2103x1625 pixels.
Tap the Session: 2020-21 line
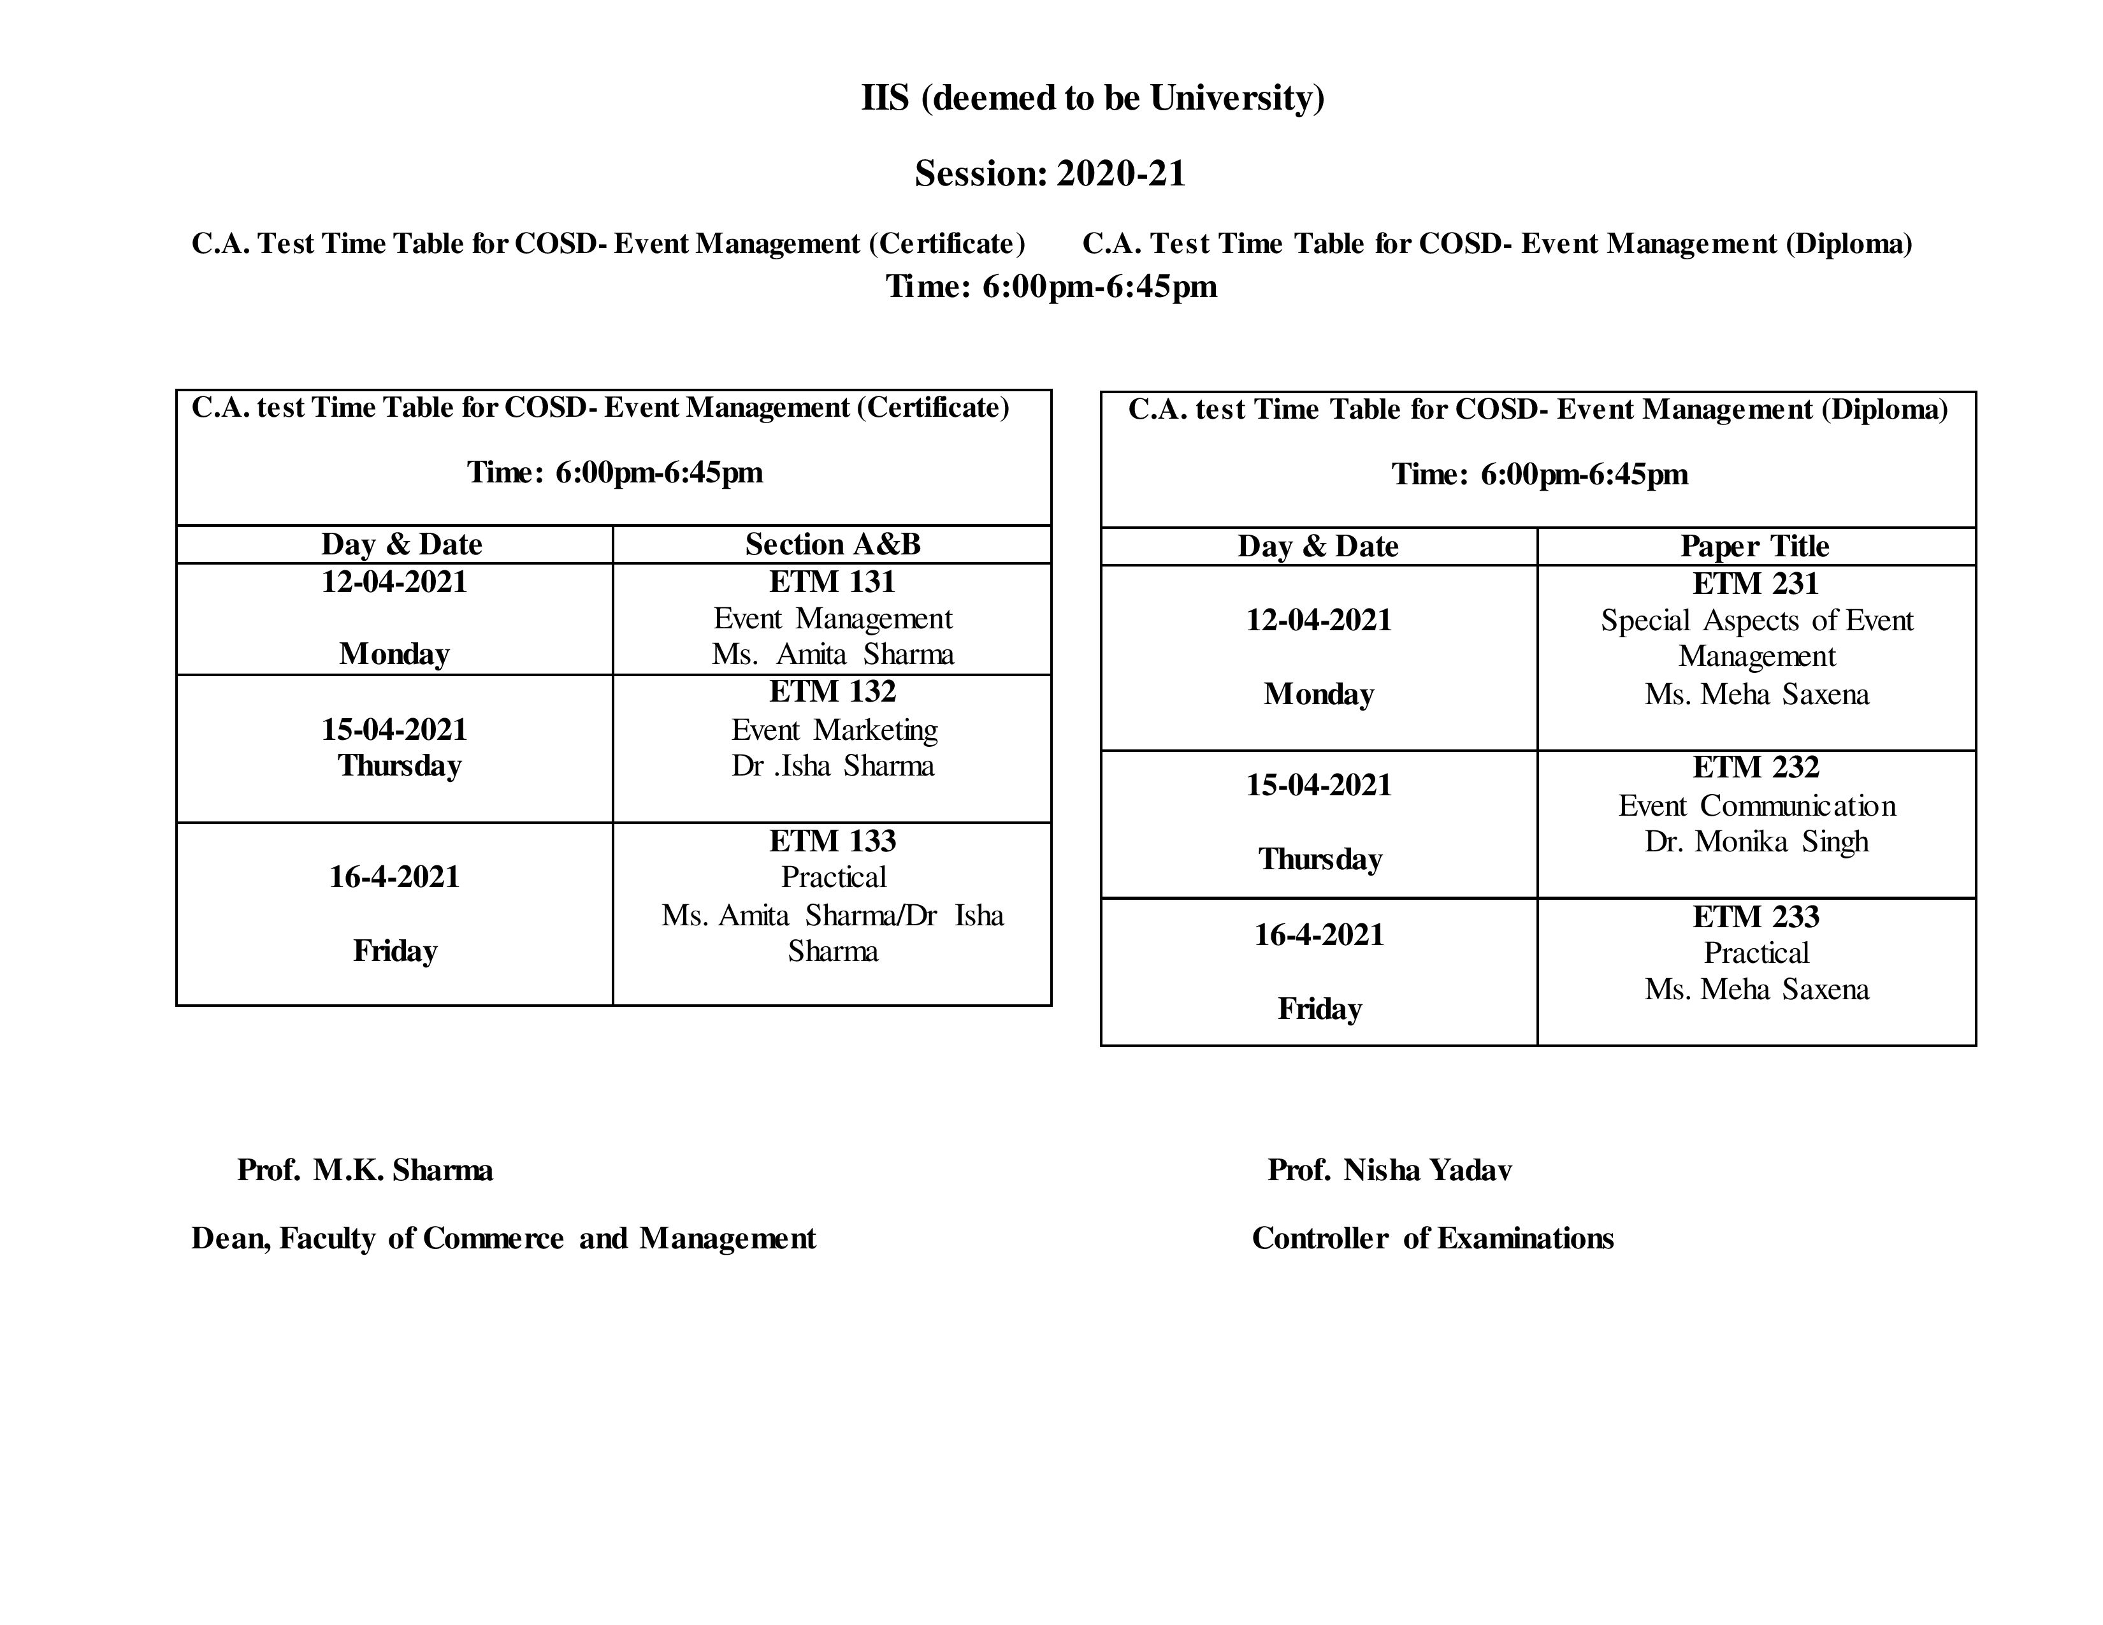pos(1050,173)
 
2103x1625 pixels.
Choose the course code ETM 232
pos(1756,767)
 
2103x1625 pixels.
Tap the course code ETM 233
pos(1756,916)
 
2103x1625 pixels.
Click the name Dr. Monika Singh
pos(1756,841)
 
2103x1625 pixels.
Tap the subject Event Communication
pos(1756,805)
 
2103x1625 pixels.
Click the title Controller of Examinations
pos(1432,1238)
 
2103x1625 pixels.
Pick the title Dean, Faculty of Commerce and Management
pos(503,1238)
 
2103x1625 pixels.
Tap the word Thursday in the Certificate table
pos(399,765)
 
